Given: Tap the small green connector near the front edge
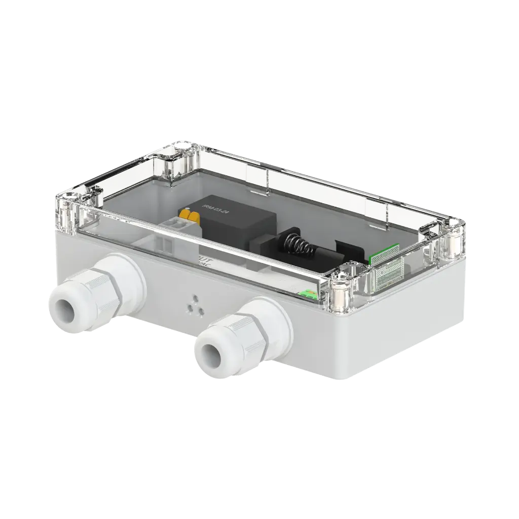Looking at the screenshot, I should [305, 294].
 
